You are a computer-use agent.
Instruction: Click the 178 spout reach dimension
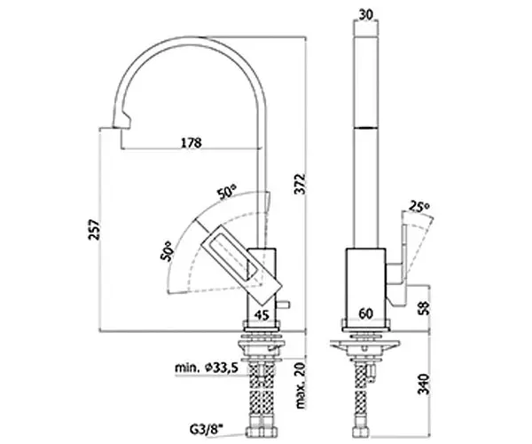pyautogui.click(x=191, y=142)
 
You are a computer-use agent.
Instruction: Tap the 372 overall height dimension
pyautogui.click(x=300, y=184)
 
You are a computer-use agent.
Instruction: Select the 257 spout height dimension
pyautogui.click(x=94, y=230)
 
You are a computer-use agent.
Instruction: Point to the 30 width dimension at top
pyautogui.click(x=365, y=14)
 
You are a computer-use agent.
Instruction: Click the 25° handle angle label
pyautogui.click(x=419, y=206)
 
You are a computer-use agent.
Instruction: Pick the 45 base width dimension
pyautogui.click(x=262, y=315)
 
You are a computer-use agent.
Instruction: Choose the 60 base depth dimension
pyautogui.click(x=365, y=313)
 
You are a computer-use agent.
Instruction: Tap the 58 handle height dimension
pyautogui.click(x=424, y=307)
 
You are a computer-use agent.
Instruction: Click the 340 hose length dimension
pyautogui.click(x=424, y=385)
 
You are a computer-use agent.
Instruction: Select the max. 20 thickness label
pyautogui.click(x=300, y=385)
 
